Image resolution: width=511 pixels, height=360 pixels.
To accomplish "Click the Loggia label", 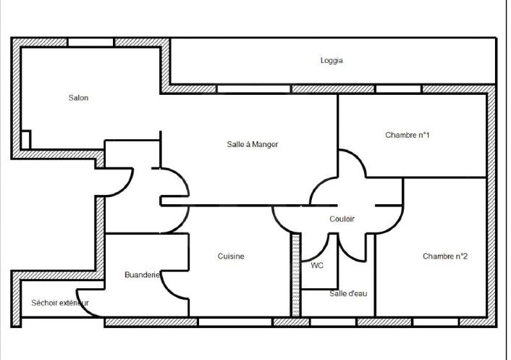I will click(331, 61).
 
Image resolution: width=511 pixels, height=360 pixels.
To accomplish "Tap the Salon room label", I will click(78, 98).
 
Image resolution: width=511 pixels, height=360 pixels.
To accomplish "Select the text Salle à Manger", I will click(252, 144).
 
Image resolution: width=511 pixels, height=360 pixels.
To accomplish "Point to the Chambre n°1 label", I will click(407, 135).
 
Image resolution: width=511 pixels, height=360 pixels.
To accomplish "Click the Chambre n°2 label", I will click(445, 256).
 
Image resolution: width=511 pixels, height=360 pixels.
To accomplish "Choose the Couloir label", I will click(342, 219).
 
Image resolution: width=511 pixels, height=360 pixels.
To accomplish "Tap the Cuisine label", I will click(231, 256).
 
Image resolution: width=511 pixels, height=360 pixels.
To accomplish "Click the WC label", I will click(317, 266).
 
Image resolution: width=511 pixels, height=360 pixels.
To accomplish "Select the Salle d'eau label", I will click(348, 293).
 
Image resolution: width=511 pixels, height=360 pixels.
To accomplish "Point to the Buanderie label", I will click(142, 275).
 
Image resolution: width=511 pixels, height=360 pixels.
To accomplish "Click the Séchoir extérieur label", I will click(60, 303).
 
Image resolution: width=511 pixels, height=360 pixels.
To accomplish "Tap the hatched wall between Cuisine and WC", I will click(295, 275).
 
